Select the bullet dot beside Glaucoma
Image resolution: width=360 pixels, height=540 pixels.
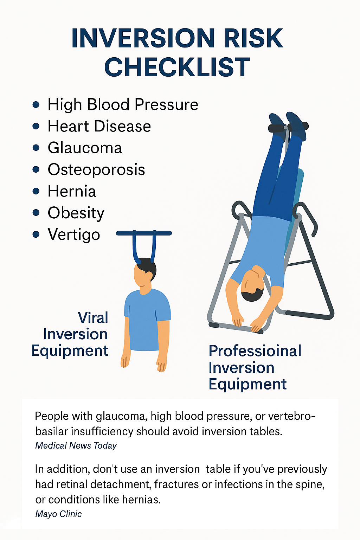[x=36, y=148]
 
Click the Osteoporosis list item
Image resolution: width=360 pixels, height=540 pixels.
[x=96, y=169]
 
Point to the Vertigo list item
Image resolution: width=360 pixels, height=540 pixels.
[x=74, y=234]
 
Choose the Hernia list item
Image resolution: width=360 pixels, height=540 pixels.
[x=72, y=191]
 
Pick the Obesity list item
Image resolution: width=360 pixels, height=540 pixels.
[x=76, y=213]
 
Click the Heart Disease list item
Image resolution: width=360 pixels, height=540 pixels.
[x=99, y=126]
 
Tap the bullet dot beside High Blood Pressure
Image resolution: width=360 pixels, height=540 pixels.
[x=36, y=105]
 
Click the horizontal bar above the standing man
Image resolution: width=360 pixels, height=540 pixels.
[x=144, y=233]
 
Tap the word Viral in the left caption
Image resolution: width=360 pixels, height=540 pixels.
[x=93, y=318]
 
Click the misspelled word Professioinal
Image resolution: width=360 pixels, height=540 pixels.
[x=255, y=351]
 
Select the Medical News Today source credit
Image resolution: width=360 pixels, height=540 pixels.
[x=76, y=445]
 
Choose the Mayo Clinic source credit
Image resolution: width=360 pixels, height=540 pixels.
[x=59, y=514]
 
